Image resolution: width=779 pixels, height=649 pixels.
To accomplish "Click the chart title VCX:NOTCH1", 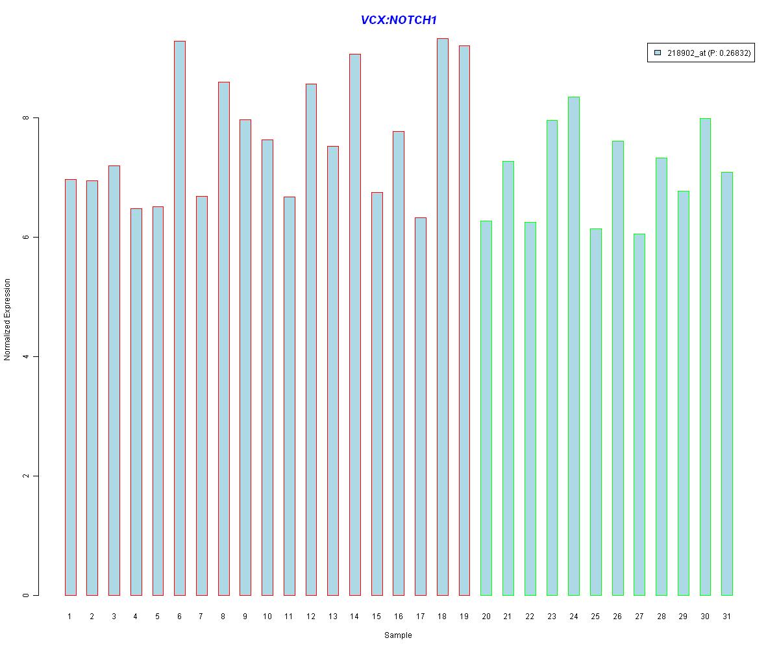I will click(x=399, y=20).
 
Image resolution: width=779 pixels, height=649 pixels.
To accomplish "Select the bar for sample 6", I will click(x=180, y=318).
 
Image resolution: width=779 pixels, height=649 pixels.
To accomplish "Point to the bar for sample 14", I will click(x=355, y=324).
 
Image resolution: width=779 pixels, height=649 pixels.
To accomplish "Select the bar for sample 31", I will click(x=727, y=384).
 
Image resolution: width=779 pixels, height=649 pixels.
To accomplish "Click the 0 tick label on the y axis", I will click(x=26, y=595).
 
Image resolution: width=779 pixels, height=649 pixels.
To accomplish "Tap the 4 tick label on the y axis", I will click(x=26, y=356).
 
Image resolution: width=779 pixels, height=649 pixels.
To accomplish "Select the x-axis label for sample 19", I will click(x=464, y=617).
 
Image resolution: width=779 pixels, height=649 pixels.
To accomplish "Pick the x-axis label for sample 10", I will click(x=267, y=617).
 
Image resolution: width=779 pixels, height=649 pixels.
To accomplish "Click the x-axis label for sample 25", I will click(x=595, y=617).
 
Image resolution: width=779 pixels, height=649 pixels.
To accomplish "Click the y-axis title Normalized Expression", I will click(x=8, y=319).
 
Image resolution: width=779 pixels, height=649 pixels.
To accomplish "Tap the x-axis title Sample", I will click(x=398, y=635).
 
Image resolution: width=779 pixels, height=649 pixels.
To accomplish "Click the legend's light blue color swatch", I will click(x=658, y=53).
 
